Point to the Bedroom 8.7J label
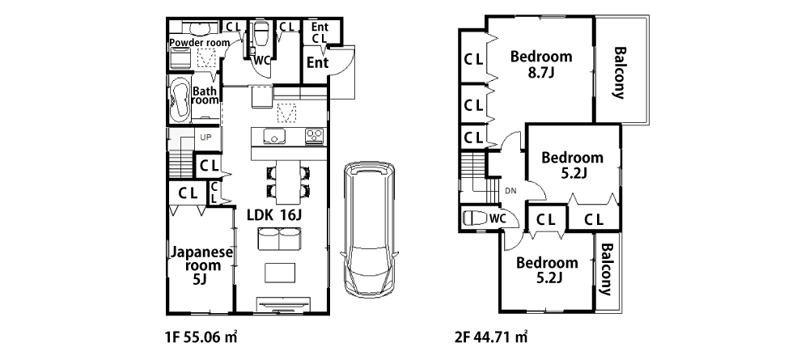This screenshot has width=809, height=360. click(541, 64)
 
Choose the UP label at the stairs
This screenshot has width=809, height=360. click(205, 138)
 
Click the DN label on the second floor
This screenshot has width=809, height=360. click(510, 191)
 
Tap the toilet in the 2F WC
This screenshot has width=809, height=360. click(473, 218)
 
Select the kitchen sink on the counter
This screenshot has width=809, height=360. click(274, 137)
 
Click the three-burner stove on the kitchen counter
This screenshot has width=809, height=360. click(314, 137)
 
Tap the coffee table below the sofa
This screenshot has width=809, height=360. click(280, 273)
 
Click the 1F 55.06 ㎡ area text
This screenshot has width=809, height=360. click(201, 338)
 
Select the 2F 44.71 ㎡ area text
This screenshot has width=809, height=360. click(491, 338)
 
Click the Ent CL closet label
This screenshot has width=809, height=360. click(320, 32)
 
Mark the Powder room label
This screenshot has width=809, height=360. click(199, 43)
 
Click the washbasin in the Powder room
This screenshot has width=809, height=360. click(197, 28)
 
